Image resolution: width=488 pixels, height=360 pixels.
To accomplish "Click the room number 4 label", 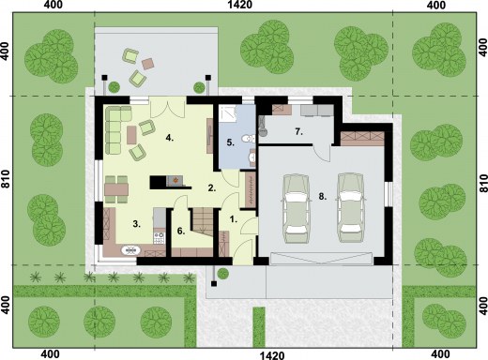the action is pos(170,138).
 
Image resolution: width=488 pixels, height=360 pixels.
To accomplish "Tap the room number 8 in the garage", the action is pos(323,196).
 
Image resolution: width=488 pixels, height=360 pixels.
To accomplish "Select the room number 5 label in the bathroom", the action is pos(230,142).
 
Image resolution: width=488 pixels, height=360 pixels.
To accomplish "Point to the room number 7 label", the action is pos(298,132).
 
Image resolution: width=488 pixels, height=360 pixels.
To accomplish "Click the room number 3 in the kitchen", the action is pos(136,224).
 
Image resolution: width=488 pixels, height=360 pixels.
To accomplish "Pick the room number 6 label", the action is pos(181,231).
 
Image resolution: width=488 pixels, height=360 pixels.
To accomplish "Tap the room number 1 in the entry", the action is pos(233,219).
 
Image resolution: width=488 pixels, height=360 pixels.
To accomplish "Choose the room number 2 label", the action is pos(212,188).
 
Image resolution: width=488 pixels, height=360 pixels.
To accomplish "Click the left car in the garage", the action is pos(296,208).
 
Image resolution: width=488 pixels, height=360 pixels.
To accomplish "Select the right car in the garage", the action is pos(351,207).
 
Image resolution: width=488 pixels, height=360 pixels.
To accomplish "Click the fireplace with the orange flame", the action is pos(175,181).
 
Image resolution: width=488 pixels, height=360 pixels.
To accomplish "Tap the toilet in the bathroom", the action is pos(250,139).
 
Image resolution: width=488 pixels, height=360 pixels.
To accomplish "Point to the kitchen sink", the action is pos(130,250).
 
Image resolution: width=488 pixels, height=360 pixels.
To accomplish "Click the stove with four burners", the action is pos(160,237).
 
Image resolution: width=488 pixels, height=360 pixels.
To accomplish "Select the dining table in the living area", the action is pos(116,189).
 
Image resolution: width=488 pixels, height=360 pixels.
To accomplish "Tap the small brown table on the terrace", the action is pos(147,64).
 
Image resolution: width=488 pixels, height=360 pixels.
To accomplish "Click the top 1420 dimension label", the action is pos(240,5).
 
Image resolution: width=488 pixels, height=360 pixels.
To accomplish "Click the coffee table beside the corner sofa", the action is pos(131,135).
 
